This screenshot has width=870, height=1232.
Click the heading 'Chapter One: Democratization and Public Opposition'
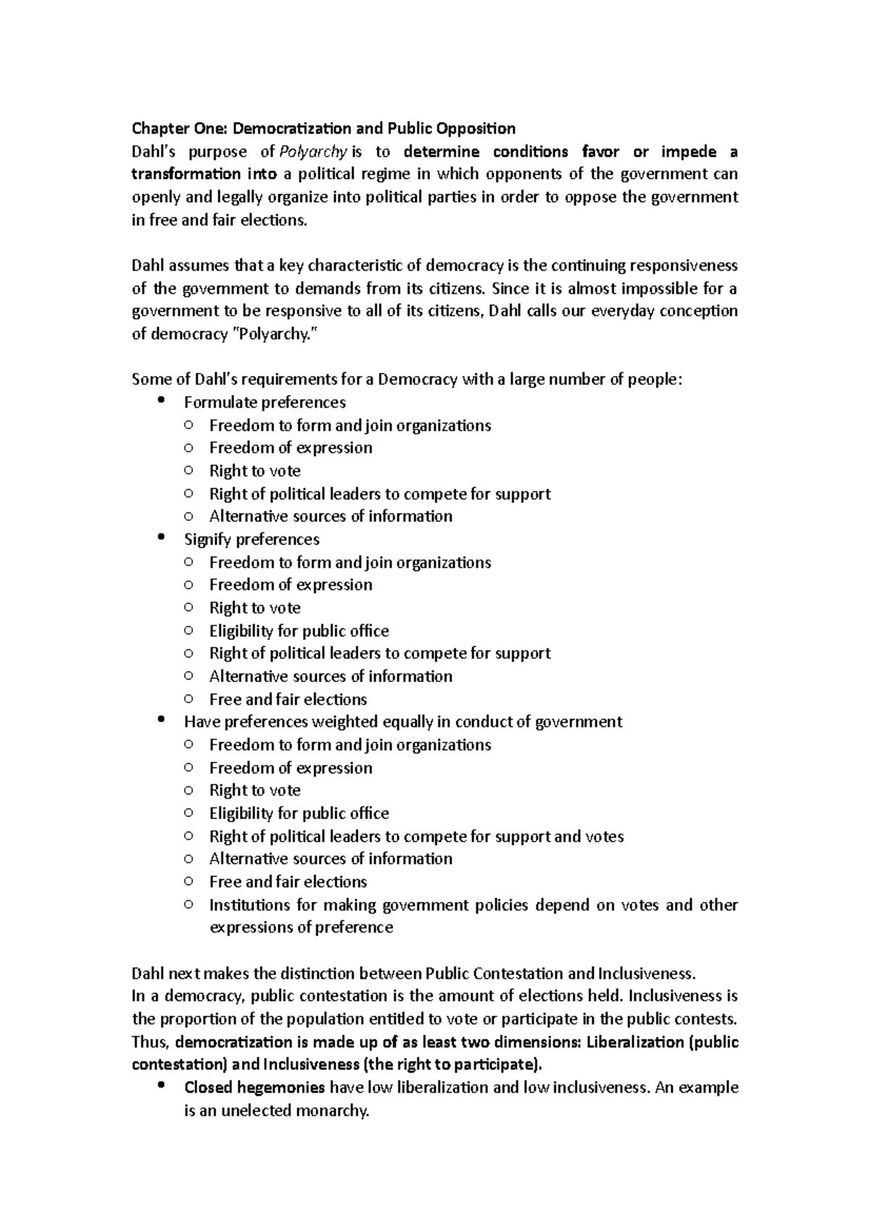tap(323, 129)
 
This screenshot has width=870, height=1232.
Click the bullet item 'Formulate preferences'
tap(265, 403)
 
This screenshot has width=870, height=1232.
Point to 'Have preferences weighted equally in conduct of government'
tap(403, 722)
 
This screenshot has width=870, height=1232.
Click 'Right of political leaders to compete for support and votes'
tap(416, 837)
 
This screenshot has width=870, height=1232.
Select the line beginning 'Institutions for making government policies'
tap(473, 905)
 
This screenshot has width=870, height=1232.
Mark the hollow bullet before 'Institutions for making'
tap(188, 905)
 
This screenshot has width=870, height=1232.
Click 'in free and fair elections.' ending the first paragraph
tap(220, 221)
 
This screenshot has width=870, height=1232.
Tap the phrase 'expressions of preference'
tap(301, 928)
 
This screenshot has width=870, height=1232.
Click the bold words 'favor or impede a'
tap(659, 152)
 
